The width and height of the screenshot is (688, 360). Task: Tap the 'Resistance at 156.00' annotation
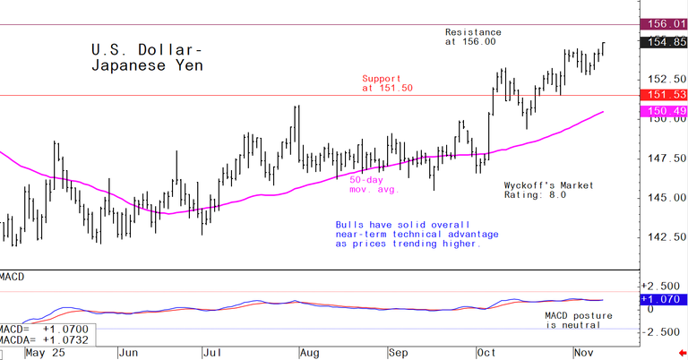pyautogui.click(x=473, y=37)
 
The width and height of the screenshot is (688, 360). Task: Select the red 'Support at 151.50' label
pyautogui.click(x=388, y=83)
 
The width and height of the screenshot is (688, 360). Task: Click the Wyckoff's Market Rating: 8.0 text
pyautogui.click(x=548, y=189)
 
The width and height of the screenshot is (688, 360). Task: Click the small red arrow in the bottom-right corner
pyautogui.click(x=681, y=354)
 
